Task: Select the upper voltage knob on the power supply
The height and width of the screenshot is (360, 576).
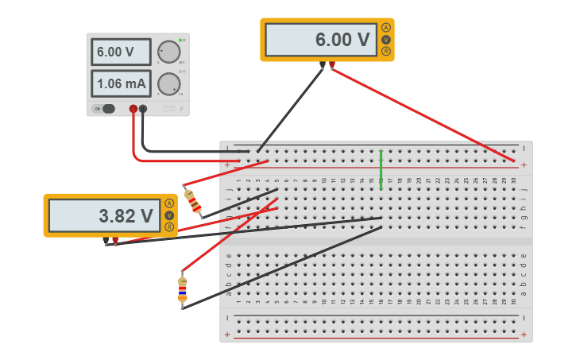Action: pos(168,52)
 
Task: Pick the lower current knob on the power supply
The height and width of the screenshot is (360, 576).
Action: pos(168,83)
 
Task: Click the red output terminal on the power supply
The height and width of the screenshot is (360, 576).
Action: pos(133,109)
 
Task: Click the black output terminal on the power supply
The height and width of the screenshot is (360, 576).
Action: pos(143,109)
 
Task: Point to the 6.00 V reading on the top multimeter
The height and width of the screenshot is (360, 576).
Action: pos(321,40)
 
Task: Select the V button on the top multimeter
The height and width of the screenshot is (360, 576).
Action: pos(386,40)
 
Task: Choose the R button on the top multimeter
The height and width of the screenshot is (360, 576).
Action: pos(386,52)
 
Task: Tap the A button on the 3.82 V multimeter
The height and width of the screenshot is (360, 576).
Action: pos(169,203)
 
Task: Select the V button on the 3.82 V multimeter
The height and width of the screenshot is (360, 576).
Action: pos(169,215)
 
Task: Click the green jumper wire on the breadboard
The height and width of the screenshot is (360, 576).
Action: pos(381,169)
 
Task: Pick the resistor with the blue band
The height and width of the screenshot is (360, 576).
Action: pos(183,290)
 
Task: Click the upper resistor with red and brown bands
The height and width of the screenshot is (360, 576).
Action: pos(192,201)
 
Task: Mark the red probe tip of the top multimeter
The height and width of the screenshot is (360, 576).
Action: pos(332,65)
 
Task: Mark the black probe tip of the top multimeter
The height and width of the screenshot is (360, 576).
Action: pos(322,65)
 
